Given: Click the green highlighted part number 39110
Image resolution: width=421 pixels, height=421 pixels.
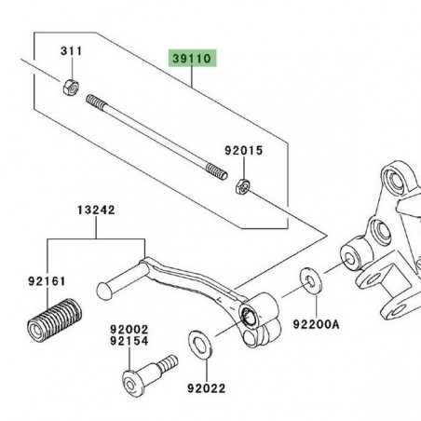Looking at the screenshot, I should [192, 58].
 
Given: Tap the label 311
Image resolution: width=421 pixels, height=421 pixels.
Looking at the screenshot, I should [72, 49].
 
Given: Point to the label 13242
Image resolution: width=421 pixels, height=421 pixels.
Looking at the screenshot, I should [98, 211].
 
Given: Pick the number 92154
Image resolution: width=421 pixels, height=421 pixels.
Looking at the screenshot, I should [129, 342].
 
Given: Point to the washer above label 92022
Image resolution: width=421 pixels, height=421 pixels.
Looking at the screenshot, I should [198, 342].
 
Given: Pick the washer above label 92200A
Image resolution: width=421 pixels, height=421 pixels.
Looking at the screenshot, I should [306, 279].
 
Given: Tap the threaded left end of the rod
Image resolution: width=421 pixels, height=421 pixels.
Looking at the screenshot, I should [94, 101].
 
